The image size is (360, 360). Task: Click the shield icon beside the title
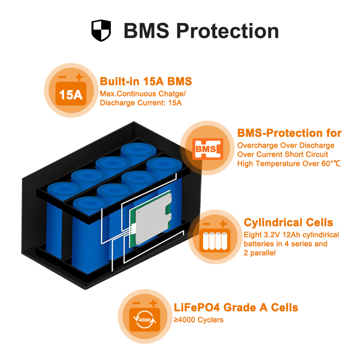[101, 31]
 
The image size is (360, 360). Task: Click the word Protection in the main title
[228, 31]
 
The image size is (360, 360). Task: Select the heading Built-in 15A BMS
[146, 81]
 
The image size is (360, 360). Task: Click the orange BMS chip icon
[208, 149]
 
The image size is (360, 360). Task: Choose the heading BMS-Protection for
[289, 133]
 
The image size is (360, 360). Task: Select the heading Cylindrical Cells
[288, 222]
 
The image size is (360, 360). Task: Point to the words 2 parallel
[260, 253]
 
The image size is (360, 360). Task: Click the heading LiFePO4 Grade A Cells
[236, 308]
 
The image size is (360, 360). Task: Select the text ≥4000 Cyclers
[199, 320]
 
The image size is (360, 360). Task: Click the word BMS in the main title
[147, 31]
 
